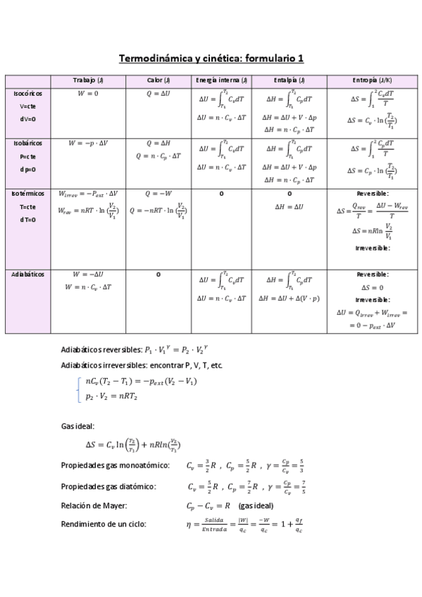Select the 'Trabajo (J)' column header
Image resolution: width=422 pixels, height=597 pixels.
click(x=88, y=80)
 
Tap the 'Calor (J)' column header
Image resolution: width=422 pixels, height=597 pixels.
click(x=159, y=80)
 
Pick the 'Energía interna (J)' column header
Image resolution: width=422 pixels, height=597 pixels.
click(x=222, y=80)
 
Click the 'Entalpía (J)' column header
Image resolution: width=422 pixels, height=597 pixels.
click(x=288, y=80)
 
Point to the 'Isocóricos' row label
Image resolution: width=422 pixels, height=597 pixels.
click(x=28, y=93)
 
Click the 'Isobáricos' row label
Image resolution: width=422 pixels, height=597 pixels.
click(x=28, y=143)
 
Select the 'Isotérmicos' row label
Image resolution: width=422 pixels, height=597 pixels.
click(x=28, y=193)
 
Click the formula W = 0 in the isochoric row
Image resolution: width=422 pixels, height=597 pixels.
click(x=88, y=93)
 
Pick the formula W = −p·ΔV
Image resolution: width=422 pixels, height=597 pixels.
click(x=88, y=143)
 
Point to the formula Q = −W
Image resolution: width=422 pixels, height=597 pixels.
click(x=159, y=193)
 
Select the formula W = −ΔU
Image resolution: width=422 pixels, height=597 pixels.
click(x=88, y=274)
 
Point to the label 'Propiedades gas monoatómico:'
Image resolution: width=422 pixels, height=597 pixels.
click(x=116, y=465)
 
